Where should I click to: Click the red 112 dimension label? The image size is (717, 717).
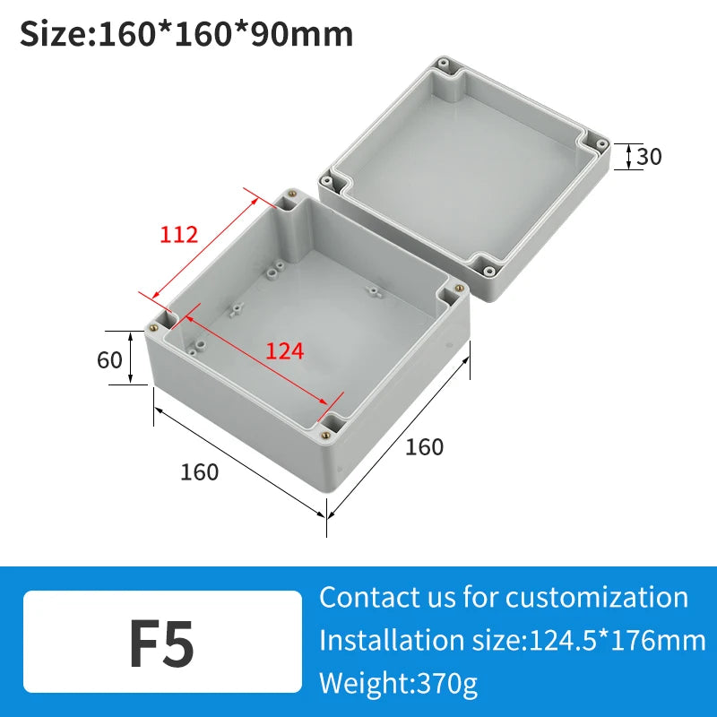[x=179, y=235]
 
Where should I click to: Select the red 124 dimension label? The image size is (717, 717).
[x=285, y=351]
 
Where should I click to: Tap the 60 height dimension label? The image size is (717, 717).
[x=109, y=359]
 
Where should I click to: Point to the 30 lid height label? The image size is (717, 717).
[x=649, y=157]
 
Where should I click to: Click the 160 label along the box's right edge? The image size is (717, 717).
[x=424, y=446]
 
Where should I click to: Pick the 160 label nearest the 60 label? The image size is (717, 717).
[x=199, y=471]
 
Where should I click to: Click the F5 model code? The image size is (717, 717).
[x=161, y=643]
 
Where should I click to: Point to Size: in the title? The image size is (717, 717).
[x=56, y=34]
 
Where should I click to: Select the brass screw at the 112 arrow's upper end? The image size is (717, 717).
[x=289, y=192]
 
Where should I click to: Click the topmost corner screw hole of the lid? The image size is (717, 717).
[x=442, y=64]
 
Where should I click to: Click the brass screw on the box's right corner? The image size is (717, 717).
[x=459, y=288]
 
